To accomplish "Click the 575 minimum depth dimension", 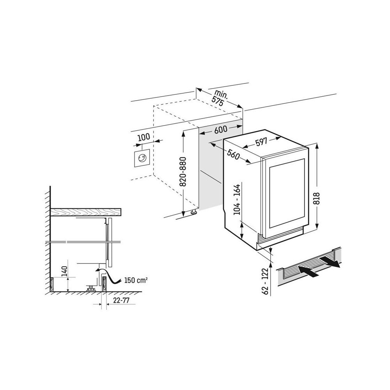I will coord(217,99).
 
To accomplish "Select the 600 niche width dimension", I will coord(221,131).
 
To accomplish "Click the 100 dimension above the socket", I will coord(144,137).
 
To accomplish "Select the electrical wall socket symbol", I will coord(141,159).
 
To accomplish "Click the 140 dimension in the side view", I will coord(64,271).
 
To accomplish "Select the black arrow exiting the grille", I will coord(329,262).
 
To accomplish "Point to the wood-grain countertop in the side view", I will coord(86,212).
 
